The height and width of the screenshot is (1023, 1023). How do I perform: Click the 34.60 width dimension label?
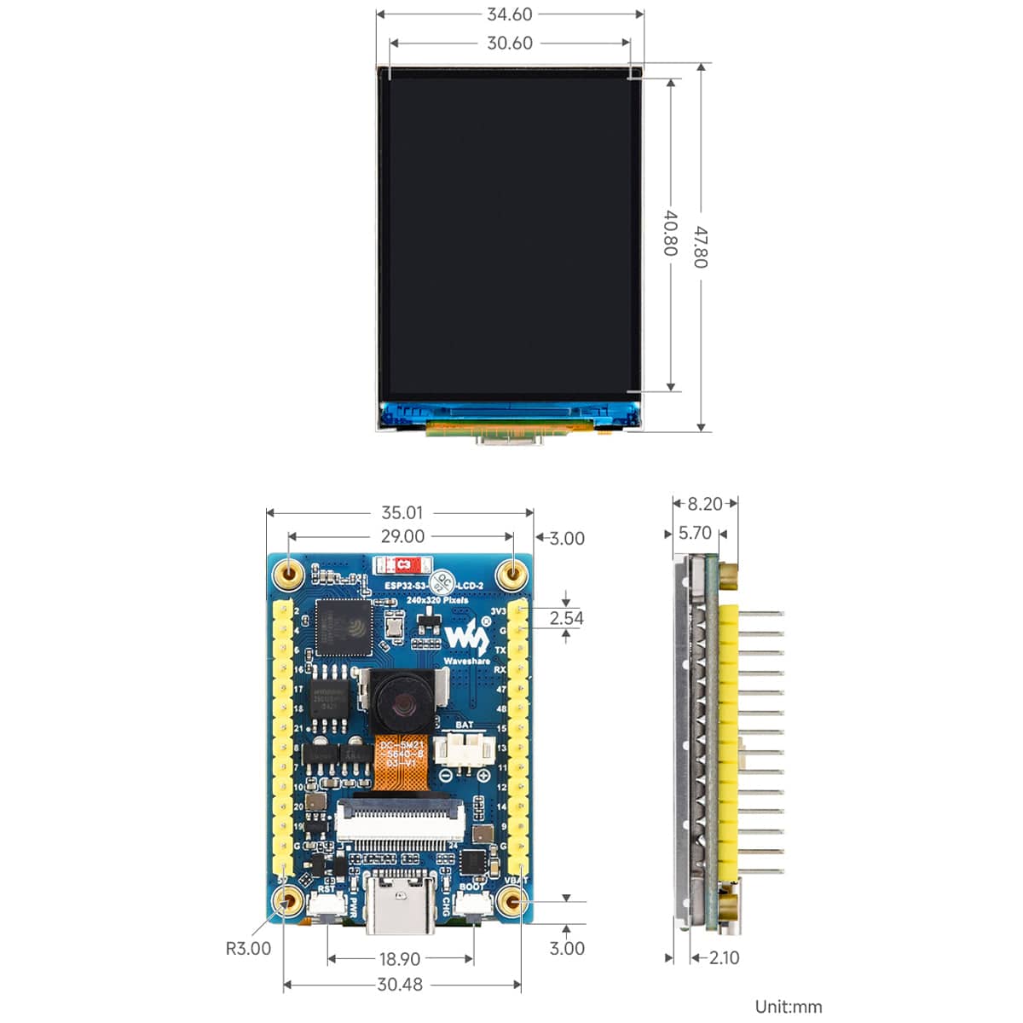pos(509,14)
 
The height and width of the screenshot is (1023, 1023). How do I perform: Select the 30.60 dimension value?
pos(509,43)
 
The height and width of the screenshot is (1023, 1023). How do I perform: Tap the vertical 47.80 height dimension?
pos(701,246)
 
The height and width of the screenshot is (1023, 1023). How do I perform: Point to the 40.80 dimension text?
pos(671,233)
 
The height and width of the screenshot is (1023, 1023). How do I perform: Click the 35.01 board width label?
pos(402,513)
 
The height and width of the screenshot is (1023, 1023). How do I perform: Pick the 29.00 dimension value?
pos(402,536)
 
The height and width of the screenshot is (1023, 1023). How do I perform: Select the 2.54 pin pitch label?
pos(566,618)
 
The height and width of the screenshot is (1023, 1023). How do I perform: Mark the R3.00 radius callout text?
pos(248,948)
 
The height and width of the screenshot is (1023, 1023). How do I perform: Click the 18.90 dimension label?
pos(399,959)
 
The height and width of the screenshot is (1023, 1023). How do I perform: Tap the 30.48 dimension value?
pos(399,985)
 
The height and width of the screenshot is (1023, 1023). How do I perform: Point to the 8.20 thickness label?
pos(705,504)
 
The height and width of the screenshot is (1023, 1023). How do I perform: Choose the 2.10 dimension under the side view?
pos(724,957)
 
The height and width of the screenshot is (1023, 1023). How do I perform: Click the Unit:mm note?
pos(789,1007)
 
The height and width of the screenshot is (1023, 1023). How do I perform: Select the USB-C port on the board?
pos(400,905)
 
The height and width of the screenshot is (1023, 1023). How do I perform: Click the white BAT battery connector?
pos(464,750)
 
